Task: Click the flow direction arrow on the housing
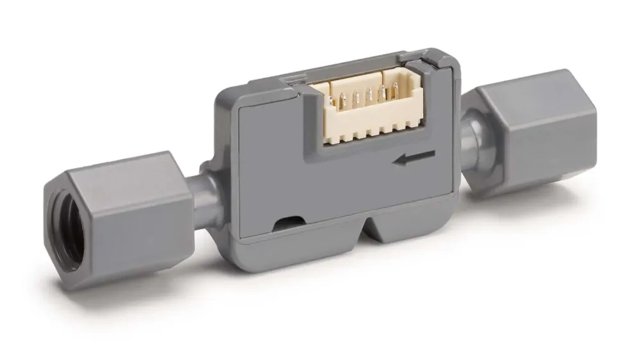pyautogui.click(x=415, y=158)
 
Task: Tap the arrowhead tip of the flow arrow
pyautogui.click(x=397, y=161)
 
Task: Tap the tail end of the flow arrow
pyautogui.click(x=435, y=154)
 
